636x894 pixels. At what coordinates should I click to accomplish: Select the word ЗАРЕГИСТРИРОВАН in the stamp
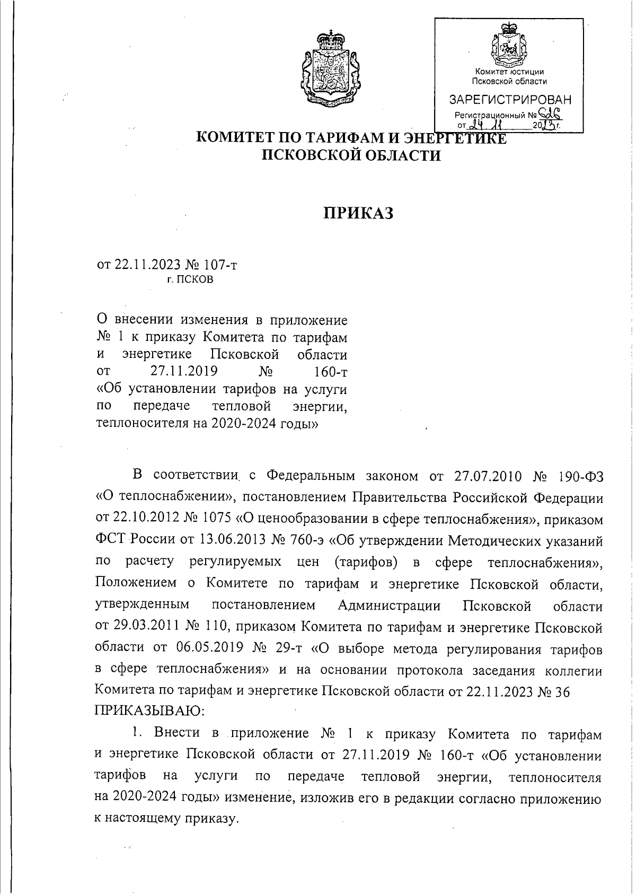pos(510,100)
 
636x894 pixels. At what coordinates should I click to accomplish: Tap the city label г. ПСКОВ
pos(190,279)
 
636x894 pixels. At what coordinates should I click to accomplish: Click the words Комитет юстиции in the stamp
pos(509,72)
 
